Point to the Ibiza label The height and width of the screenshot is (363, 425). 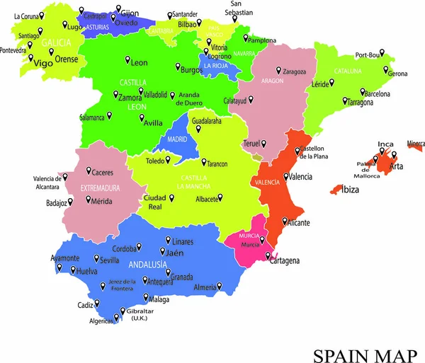tap(350, 190)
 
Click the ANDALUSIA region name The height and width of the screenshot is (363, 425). tap(148, 265)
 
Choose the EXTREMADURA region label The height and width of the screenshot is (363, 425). tap(99, 188)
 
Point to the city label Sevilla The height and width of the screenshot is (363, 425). tap(110, 260)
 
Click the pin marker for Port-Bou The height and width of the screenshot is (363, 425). tap(381, 52)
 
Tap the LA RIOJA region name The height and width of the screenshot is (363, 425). tap(215, 66)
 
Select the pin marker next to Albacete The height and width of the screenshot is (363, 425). tap(220, 197)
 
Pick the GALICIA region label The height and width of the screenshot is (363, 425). tap(56, 42)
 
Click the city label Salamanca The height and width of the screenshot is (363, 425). tap(92, 117)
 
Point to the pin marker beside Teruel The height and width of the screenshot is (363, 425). tap(264, 144)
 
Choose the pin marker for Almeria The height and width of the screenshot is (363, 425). tap(219, 286)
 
